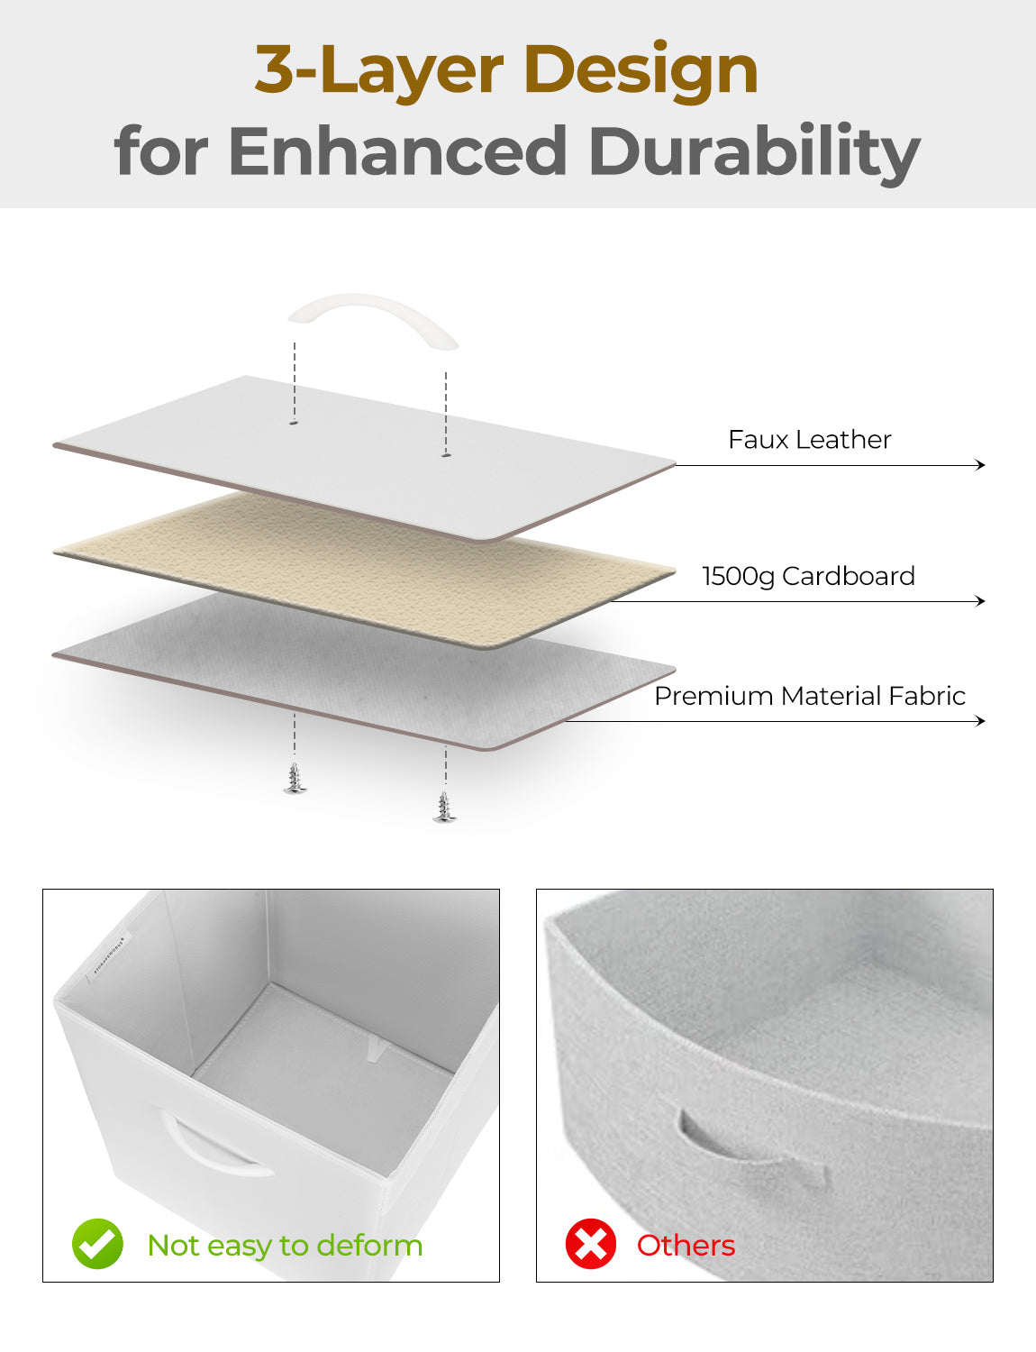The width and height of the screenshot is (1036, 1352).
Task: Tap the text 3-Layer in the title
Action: tap(378, 70)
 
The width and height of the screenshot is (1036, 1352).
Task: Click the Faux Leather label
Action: tap(810, 439)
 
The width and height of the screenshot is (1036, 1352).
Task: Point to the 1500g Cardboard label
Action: tap(808, 576)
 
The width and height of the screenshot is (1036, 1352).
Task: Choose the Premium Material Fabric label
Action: tap(810, 696)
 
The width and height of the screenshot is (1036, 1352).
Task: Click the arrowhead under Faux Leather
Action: tap(980, 465)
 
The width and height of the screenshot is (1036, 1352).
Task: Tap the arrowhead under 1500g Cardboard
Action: tap(980, 600)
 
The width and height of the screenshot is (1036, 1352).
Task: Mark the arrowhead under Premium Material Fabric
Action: tap(980, 720)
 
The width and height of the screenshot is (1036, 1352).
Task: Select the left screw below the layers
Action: tap(295, 779)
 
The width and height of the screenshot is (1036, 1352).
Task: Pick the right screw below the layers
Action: tap(444, 807)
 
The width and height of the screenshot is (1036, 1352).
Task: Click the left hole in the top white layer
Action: tap(295, 423)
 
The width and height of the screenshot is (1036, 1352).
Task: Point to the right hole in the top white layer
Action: tap(446, 455)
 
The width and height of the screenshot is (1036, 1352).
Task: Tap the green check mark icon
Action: tap(97, 1245)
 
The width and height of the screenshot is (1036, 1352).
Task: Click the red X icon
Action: tap(591, 1245)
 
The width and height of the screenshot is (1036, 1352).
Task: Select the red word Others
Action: tap(686, 1246)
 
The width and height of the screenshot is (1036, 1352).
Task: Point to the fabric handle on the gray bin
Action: tap(752, 1149)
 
